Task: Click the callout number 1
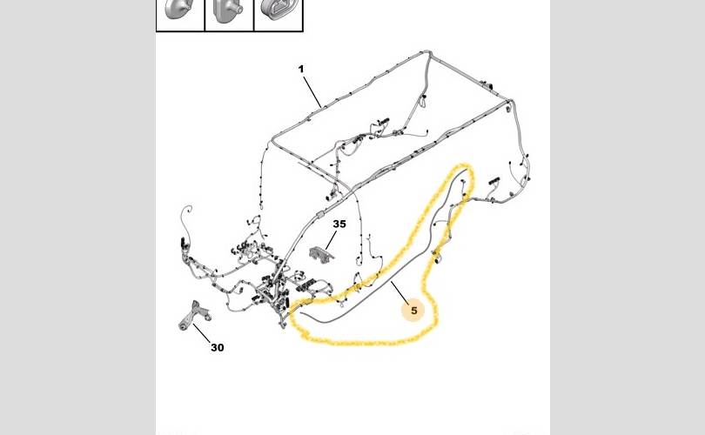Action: (301, 70)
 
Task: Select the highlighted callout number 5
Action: (413, 310)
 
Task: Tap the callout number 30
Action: (218, 347)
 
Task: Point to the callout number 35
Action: (339, 224)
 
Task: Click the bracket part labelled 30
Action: (194, 315)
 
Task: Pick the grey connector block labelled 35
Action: (322, 253)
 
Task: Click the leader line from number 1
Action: (312, 92)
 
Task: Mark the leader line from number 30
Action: (202, 333)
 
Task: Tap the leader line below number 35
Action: (331, 240)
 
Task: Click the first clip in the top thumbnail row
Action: (179, 10)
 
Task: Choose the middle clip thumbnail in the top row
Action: (228, 10)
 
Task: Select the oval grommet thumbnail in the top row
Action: (278, 10)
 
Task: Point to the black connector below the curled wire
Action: (183, 243)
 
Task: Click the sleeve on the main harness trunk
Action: (320, 214)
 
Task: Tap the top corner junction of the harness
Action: (428, 53)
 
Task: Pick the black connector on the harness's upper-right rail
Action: (487, 84)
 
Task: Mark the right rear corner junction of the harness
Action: (510, 102)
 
